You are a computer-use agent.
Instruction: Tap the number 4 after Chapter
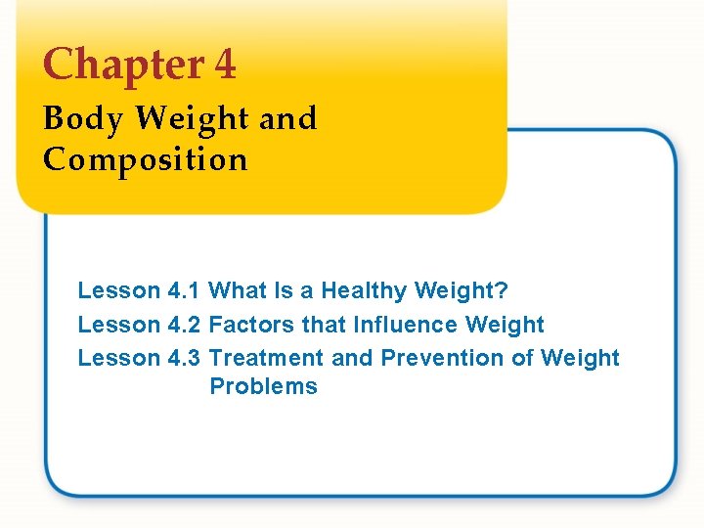click(224, 65)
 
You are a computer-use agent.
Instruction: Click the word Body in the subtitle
click(83, 119)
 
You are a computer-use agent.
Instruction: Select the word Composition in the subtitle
click(145, 158)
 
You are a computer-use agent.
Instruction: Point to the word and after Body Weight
click(288, 119)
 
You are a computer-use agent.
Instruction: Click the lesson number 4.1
click(185, 290)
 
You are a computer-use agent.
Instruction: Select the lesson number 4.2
click(185, 325)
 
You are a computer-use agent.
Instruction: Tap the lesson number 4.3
click(185, 358)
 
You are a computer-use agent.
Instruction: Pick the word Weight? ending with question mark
click(462, 290)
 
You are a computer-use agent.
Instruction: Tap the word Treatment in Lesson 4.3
click(267, 358)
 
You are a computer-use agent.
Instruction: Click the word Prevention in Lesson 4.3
click(442, 358)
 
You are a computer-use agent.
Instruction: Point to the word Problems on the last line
click(263, 386)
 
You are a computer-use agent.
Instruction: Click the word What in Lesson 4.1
click(236, 290)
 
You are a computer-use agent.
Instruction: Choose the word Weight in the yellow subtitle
click(192, 119)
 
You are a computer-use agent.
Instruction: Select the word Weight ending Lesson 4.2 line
click(506, 325)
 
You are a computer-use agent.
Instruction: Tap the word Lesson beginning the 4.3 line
click(118, 358)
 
